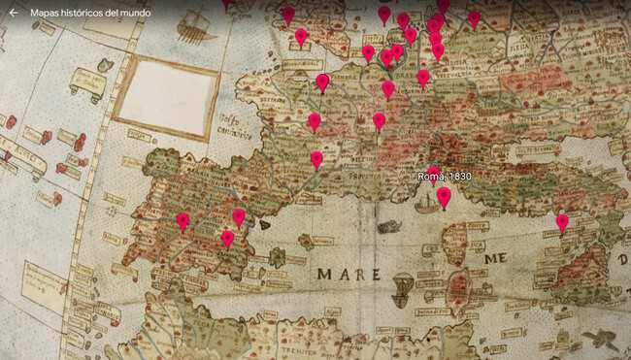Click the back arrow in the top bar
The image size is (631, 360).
pyautogui.click(x=14, y=14)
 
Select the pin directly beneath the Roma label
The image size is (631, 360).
pyautogui.click(x=444, y=197)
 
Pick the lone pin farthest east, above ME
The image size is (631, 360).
pyautogui.click(x=562, y=222)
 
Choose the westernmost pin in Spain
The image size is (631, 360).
pyautogui.click(x=183, y=221)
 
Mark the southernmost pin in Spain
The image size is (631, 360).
pyautogui.click(x=228, y=238)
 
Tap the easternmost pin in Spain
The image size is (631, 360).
pyautogui.click(x=239, y=216)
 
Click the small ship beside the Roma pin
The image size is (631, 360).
pyautogui.click(x=424, y=204)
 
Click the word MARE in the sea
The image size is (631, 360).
pyautogui.click(x=348, y=275)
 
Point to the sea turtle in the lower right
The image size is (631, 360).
pyautogui.click(x=605, y=339)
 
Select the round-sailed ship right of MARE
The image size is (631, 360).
pyautogui.click(x=401, y=289)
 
